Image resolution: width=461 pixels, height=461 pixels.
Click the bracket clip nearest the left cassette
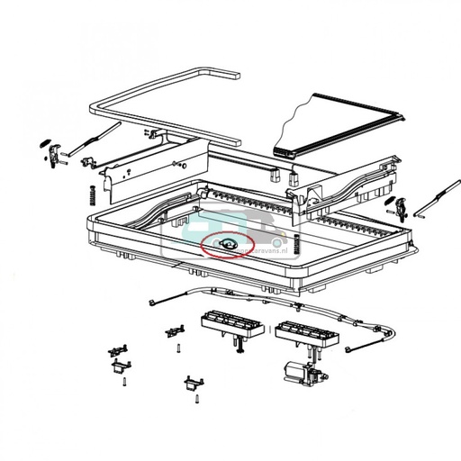tap(171, 332)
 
